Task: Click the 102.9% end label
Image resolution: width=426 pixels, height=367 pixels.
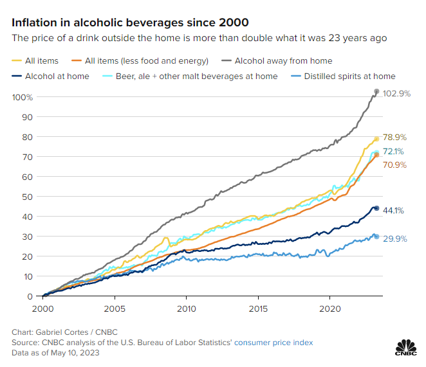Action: click(x=396, y=93)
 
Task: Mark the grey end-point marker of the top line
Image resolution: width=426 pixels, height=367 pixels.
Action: click(x=377, y=92)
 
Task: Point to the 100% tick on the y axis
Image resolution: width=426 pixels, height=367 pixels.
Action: click(x=23, y=97)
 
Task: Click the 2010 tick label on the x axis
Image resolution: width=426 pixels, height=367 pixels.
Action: click(x=186, y=307)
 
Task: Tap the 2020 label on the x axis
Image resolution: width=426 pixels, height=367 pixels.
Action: click(x=330, y=307)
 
